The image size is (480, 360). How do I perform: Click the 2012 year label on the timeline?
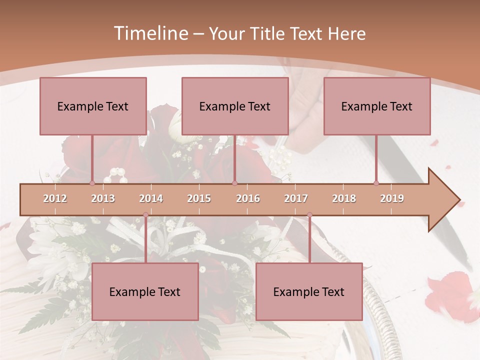point(55,198)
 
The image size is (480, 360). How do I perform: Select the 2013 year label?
point(103,198)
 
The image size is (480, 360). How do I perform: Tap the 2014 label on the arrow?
point(151,198)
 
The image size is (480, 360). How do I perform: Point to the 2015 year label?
point(199,198)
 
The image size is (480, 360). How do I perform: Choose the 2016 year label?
point(248,198)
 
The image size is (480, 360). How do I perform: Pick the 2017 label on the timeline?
point(296,198)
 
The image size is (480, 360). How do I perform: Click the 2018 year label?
point(344,198)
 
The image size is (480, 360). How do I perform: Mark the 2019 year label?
point(392,198)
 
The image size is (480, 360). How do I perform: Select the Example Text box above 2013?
point(93,106)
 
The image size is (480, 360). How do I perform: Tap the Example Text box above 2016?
point(235,106)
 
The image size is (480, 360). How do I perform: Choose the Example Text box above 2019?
point(377,106)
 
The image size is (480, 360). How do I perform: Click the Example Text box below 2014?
point(145,291)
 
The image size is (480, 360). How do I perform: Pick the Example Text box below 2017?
point(309,291)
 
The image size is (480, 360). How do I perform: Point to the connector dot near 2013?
point(92,183)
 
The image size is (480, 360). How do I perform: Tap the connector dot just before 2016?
point(234,183)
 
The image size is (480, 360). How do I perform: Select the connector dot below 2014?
point(145,215)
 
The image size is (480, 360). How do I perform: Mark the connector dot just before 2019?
point(376,183)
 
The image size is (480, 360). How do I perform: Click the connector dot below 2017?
point(309,215)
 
